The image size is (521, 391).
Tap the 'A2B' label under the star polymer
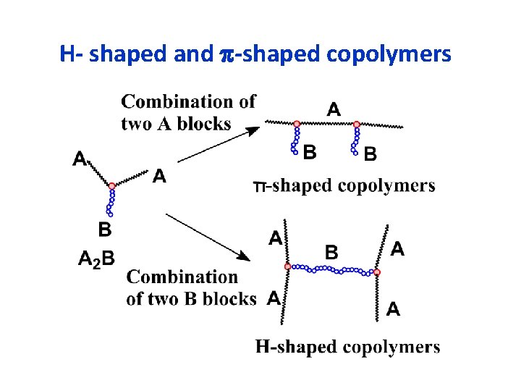[x=96, y=258]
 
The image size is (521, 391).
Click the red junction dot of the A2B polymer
[x=111, y=186]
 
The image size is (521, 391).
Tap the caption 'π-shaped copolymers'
[x=344, y=185]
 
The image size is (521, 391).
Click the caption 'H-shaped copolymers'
[x=347, y=347]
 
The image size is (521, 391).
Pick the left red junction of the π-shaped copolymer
[x=297, y=124]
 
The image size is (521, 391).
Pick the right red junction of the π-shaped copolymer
[x=356, y=124]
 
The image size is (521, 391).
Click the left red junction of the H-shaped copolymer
[x=288, y=266]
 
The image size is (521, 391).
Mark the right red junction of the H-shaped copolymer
[x=377, y=272]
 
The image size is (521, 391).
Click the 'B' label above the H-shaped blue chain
[x=331, y=252]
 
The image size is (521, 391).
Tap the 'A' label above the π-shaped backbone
[x=334, y=110]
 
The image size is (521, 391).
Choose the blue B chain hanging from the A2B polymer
[x=110, y=202]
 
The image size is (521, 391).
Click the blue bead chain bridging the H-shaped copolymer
[x=333, y=270]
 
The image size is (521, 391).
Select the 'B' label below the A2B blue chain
[x=104, y=230]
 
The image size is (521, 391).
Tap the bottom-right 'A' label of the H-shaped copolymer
[x=393, y=309]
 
